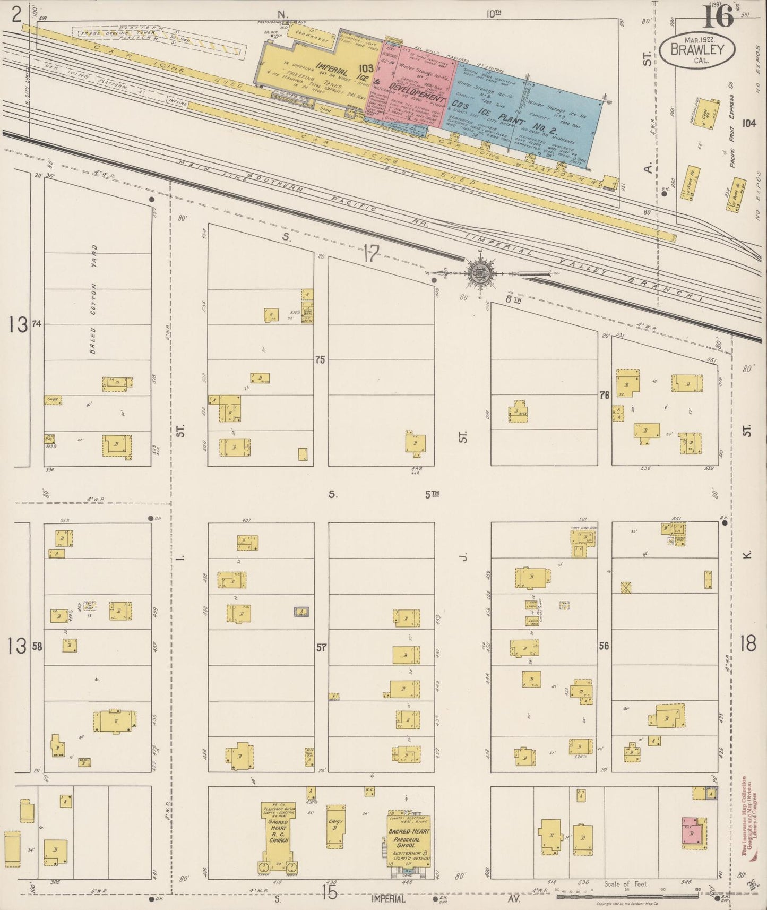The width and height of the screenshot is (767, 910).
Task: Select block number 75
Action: pos(320,359)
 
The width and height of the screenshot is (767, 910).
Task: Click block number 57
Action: pos(322,647)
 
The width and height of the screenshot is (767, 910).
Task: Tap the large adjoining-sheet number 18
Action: pos(747,645)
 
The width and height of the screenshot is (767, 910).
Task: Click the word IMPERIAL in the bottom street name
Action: pos(389,899)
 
